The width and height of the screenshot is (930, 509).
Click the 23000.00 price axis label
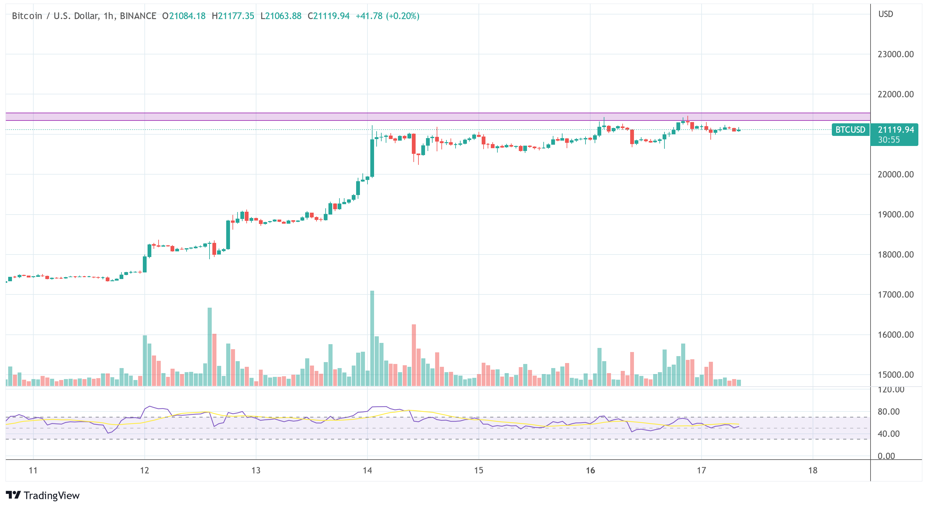coord(895,54)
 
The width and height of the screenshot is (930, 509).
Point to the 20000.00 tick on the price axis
coord(895,175)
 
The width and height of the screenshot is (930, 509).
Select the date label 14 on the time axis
coord(367,470)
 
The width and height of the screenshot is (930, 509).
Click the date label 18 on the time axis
coord(813,470)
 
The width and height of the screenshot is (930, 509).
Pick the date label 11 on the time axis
coord(33,470)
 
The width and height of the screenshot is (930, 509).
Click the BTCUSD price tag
coord(850,130)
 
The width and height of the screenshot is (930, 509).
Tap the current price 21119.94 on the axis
coord(896,130)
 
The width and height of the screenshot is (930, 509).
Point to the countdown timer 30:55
coord(889,140)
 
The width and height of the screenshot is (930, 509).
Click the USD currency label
coord(886,14)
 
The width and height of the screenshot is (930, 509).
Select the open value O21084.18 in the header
coord(184,16)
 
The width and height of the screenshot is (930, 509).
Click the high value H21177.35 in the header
coord(233,16)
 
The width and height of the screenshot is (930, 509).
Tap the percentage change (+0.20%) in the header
coord(402,16)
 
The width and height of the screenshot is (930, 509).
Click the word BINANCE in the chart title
coord(138,16)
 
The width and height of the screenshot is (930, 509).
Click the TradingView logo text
coord(51,495)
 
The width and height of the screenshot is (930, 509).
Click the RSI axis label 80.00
coord(888,411)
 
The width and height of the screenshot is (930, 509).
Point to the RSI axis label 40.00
coord(888,434)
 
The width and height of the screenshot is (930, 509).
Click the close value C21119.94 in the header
coord(328,16)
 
